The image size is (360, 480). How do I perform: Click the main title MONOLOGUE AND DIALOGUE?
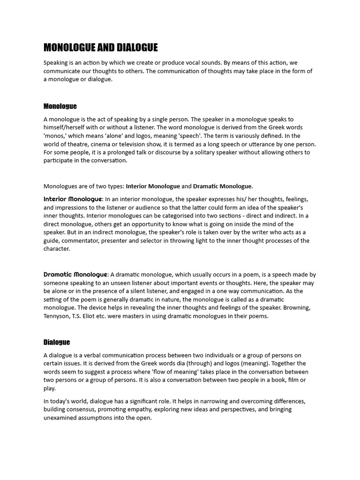(100, 47)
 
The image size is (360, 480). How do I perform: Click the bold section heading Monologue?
(60, 106)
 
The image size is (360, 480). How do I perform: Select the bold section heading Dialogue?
(57, 342)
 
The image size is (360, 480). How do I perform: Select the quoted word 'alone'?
(120, 136)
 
